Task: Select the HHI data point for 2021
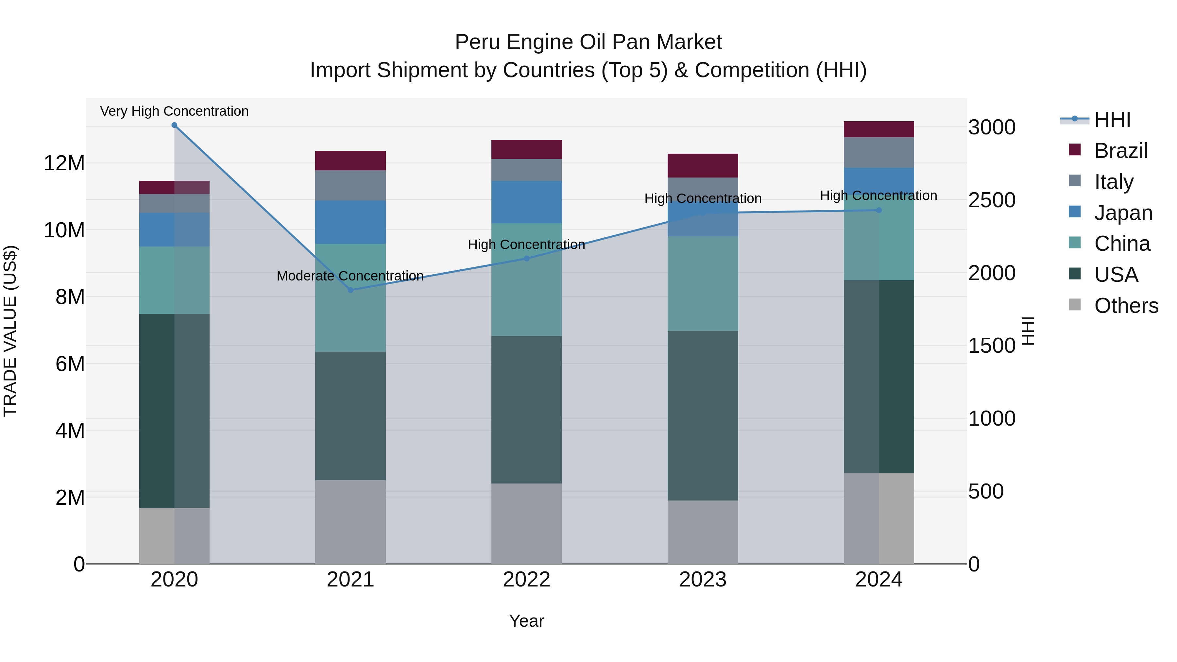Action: click(x=350, y=290)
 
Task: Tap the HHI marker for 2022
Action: click(x=526, y=259)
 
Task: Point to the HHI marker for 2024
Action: click(x=878, y=210)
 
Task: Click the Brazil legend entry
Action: click(x=1121, y=151)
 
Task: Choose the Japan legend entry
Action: click(x=1123, y=213)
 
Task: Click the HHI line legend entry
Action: click(x=1112, y=120)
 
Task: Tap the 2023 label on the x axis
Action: click(x=702, y=580)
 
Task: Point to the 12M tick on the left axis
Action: click(x=64, y=163)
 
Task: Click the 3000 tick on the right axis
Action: click(x=992, y=127)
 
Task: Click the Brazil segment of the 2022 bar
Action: click(x=526, y=149)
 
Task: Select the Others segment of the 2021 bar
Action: click(x=350, y=522)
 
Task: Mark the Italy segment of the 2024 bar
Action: click(x=878, y=153)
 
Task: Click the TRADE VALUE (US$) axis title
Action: click(x=10, y=331)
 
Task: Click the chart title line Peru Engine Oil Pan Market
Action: click(x=588, y=42)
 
